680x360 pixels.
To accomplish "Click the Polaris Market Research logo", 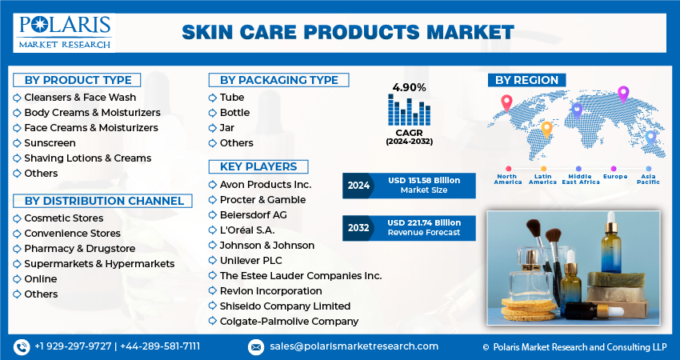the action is point(64,33).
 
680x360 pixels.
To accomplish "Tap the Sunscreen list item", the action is point(50,143).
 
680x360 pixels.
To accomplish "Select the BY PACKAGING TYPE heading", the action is point(279,80).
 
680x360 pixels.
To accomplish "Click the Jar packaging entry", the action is point(227,128).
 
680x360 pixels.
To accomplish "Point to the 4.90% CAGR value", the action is point(409,88).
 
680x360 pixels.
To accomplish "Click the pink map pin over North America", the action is point(506,102).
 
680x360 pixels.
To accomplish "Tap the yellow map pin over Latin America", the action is point(547,130).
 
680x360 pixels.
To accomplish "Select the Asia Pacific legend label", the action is point(648,179).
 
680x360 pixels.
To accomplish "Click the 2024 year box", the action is point(358,186).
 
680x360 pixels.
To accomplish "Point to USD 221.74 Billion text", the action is point(424,223).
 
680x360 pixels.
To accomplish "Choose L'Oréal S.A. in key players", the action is point(247,230).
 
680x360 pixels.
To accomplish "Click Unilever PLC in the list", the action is point(250,261).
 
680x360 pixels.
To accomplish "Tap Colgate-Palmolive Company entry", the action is point(289,322).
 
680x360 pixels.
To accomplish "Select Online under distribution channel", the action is point(41,279).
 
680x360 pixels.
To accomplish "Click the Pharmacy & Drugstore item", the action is point(80,249).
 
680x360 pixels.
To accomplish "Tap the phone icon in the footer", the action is point(22,347).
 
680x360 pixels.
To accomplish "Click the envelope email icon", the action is point(256,347).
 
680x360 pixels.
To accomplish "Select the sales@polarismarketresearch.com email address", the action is point(354,346).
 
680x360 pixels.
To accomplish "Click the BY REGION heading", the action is point(527,80).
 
